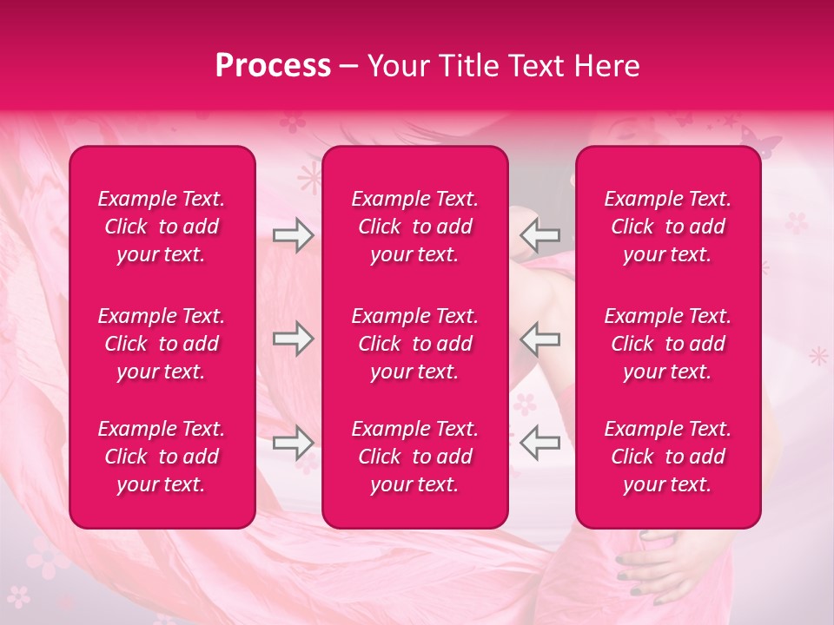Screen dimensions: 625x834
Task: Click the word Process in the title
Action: [x=273, y=66]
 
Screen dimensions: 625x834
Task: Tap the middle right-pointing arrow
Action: [x=293, y=339]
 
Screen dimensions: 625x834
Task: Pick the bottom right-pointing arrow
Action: [x=293, y=443]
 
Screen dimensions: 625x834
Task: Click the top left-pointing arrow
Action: [x=540, y=235]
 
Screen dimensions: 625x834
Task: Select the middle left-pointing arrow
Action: [x=540, y=339]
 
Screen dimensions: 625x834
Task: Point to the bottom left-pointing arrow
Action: [x=540, y=443]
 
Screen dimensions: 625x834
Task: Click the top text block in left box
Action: [x=162, y=227]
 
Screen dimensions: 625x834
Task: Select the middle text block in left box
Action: [x=162, y=344]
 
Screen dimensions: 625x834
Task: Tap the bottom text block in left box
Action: [x=162, y=457]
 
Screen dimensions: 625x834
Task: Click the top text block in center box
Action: [x=414, y=227]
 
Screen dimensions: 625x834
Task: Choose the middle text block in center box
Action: [x=414, y=344]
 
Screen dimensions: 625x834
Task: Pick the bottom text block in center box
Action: [x=414, y=457]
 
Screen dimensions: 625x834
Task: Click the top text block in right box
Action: [x=667, y=227]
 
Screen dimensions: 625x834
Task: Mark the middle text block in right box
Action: [x=667, y=344]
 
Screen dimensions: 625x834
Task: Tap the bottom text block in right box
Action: [x=667, y=457]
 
